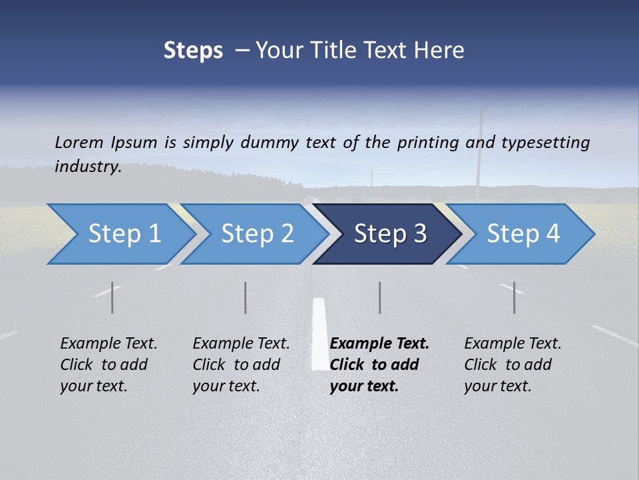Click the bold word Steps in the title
coord(193,51)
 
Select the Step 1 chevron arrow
coord(120,234)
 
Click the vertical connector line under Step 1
coord(112,297)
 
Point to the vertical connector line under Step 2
coord(246,297)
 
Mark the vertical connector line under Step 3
coord(379,297)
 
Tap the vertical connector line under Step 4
coord(514,297)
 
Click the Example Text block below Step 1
coord(108,365)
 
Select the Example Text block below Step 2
coord(241,365)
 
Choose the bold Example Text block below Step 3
coord(379,365)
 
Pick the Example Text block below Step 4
coord(513,365)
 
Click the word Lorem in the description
coord(79,142)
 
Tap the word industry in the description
coord(88,167)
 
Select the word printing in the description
coord(425,143)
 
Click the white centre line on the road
coord(319,333)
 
